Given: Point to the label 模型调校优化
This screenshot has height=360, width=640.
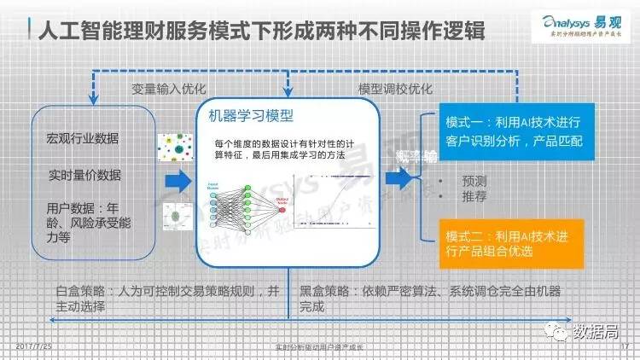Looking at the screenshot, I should (394, 88).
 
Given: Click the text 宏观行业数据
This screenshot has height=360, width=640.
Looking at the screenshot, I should (83, 138).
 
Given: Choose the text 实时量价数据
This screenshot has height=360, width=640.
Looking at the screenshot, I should (84, 175).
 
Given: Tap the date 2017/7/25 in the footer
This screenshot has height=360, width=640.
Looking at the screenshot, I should (33, 346).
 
